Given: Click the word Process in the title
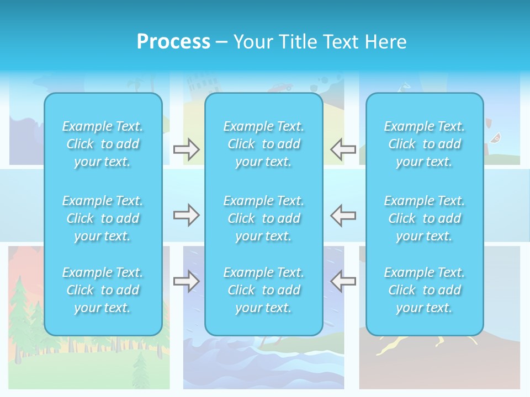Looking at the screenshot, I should pos(173,42).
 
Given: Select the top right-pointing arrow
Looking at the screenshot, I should pos(186,149).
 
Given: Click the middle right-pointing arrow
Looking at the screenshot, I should pos(186,215).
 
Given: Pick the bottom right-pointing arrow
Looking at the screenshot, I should pos(186,281).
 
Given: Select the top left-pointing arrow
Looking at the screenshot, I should pos(343,149).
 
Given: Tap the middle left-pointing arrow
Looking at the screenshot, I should pos(343,215).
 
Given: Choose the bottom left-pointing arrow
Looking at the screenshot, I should pos(343,281).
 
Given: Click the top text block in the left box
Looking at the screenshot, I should pos(103,144).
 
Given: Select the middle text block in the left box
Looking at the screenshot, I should pos(103,218).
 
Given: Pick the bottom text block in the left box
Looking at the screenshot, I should pos(103,290).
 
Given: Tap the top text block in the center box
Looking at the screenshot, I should pos(263,144).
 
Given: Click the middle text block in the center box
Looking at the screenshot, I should pos(263,218).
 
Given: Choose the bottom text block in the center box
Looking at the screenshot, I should pos(263,290).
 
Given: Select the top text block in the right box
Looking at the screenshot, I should pos(424,144).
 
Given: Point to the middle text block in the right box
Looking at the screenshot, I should pos(424,218).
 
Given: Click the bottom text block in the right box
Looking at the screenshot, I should pos(424,290).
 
